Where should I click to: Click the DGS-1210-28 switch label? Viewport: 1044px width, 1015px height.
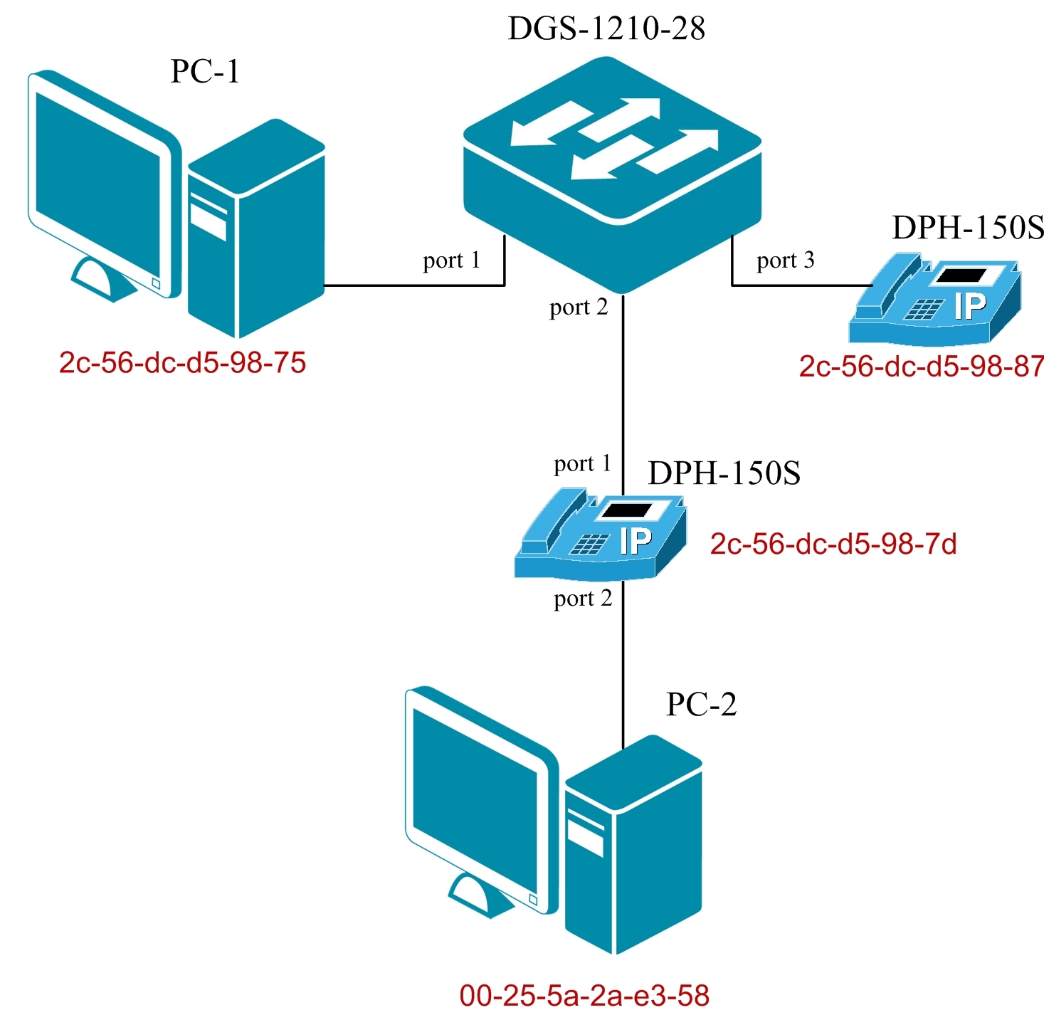[x=606, y=28]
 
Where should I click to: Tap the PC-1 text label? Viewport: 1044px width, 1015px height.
[x=205, y=71]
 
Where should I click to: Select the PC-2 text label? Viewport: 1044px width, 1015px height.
[x=701, y=704]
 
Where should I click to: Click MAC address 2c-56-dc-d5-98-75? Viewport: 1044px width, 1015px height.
[x=182, y=362]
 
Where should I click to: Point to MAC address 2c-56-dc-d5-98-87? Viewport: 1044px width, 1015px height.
[x=922, y=366]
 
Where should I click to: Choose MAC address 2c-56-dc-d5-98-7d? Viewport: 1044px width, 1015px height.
[x=833, y=544]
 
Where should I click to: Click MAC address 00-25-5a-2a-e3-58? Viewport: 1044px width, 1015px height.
[x=584, y=995]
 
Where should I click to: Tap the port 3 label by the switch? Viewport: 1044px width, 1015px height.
[x=785, y=261]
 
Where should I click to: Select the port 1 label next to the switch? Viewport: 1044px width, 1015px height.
[x=451, y=261]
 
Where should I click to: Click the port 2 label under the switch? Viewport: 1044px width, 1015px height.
[x=579, y=307]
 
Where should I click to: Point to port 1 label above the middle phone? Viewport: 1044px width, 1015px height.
[x=582, y=464]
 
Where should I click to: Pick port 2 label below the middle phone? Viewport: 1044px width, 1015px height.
[x=583, y=599]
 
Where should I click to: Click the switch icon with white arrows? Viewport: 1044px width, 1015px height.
[x=613, y=171]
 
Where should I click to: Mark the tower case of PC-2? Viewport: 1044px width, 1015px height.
[x=633, y=847]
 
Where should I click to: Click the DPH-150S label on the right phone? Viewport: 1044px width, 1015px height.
[x=968, y=228]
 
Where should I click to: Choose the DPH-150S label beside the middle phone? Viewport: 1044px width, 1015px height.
[x=724, y=473]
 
